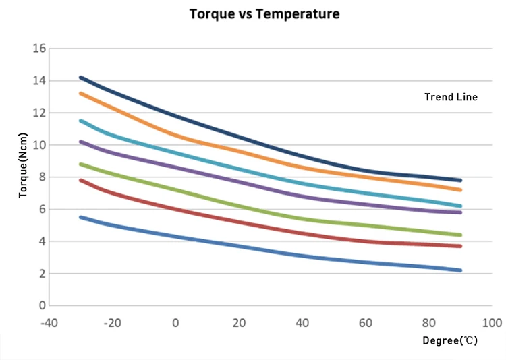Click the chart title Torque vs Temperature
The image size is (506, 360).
(x=264, y=13)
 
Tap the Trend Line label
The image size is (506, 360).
(x=451, y=97)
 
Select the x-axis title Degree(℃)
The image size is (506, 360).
(x=450, y=340)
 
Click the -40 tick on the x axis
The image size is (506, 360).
(x=49, y=322)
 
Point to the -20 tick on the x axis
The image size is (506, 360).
(x=112, y=322)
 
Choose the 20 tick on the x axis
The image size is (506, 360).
(x=239, y=322)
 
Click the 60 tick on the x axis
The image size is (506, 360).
(x=366, y=322)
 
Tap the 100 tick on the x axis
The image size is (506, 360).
(x=492, y=322)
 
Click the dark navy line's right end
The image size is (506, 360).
(x=460, y=180)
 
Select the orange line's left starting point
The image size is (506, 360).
(x=81, y=93)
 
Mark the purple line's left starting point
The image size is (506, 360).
(x=81, y=142)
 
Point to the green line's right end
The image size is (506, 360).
(x=460, y=235)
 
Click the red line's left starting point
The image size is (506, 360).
(x=81, y=180)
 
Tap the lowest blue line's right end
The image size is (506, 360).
(x=460, y=270)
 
